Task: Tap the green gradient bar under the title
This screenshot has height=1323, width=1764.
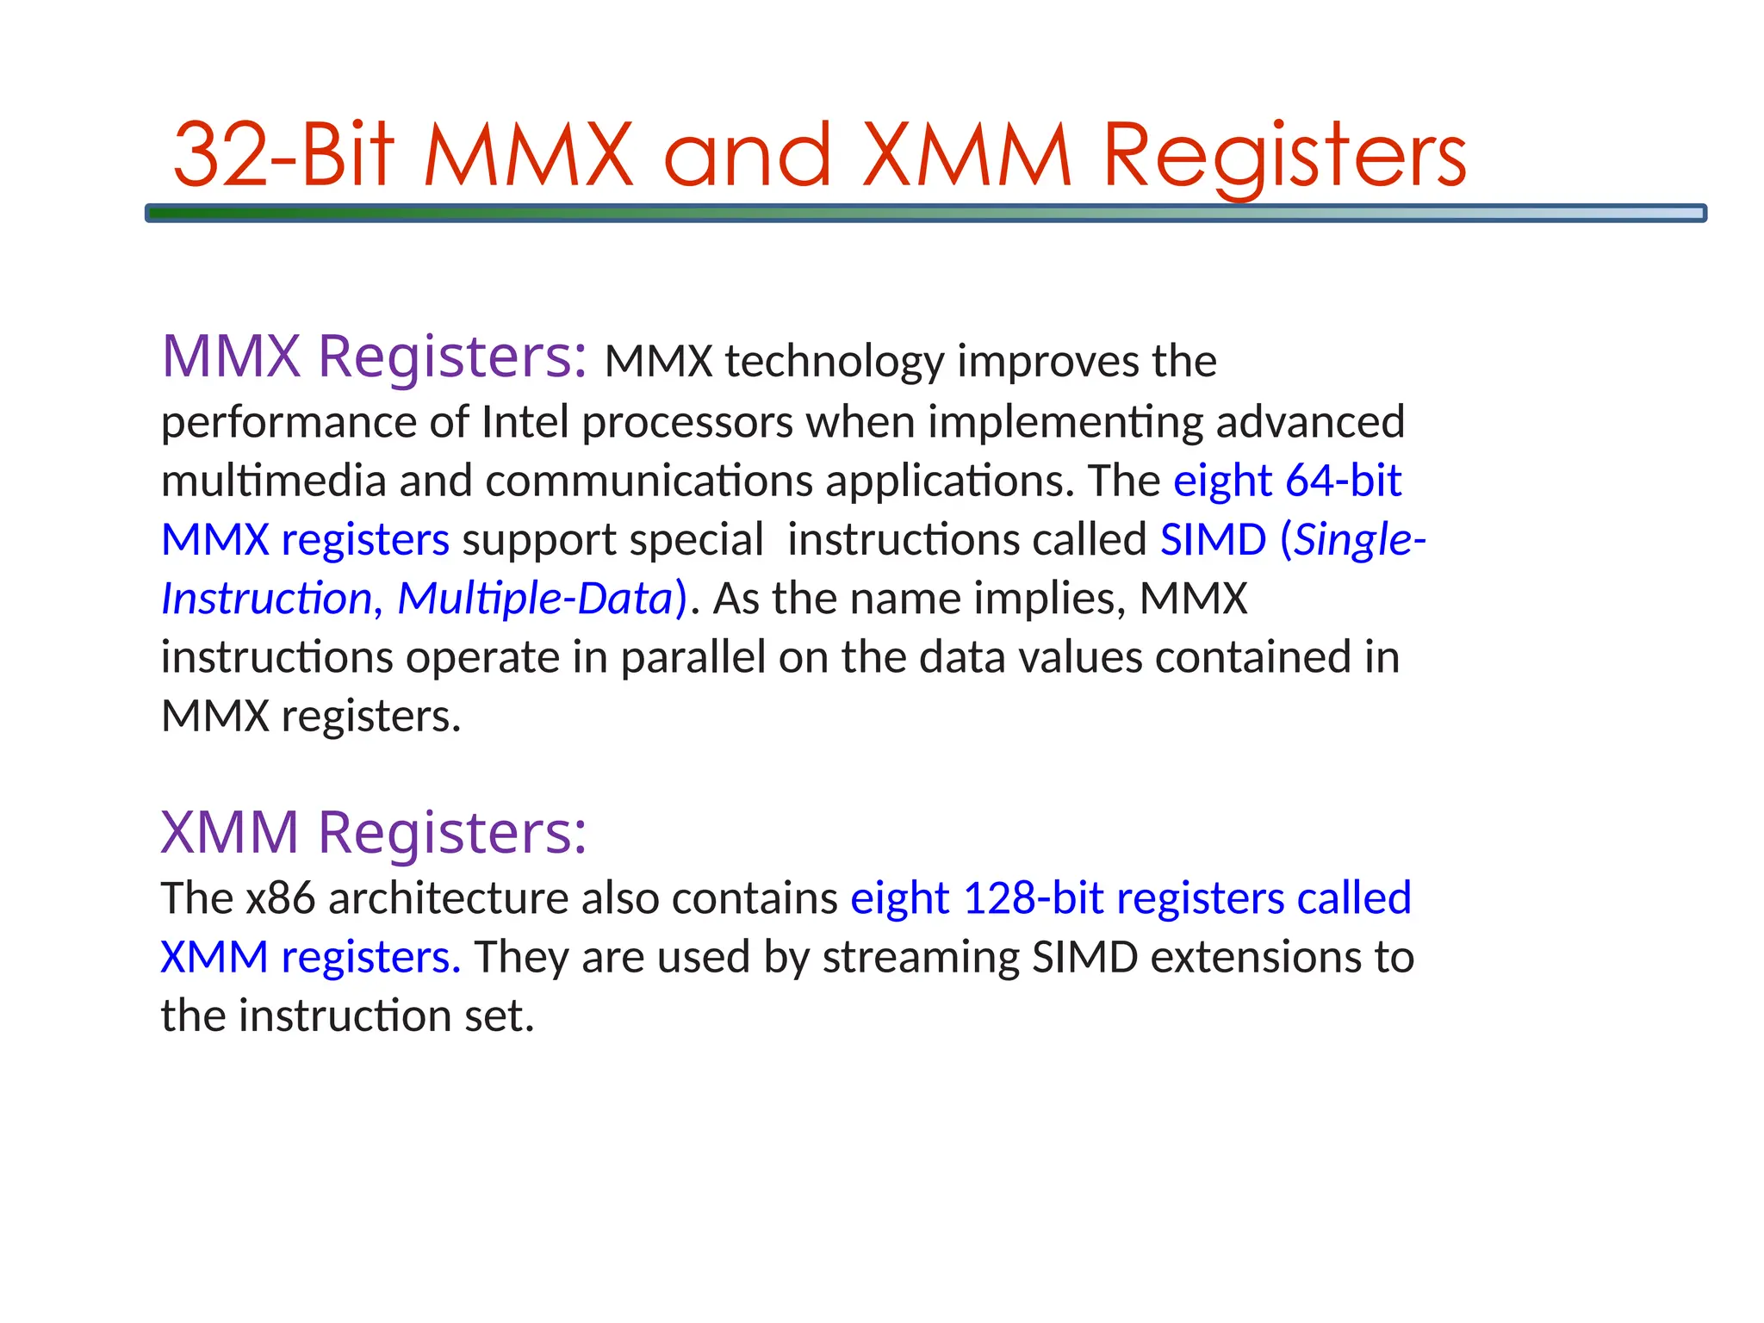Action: tap(925, 213)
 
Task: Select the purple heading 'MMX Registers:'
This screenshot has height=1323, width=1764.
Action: tap(374, 357)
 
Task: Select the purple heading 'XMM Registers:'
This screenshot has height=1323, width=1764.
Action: tap(374, 833)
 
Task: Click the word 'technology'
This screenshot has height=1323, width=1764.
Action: tap(834, 362)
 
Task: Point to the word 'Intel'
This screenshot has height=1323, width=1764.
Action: tap(525, 422)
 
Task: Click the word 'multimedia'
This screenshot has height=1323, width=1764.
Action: tap(273, 481)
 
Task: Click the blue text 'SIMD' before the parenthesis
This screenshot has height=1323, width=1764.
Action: tap(1213, 540)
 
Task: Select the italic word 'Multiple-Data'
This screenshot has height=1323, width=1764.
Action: tap(534, 599)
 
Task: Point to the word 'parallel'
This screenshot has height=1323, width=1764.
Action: tap(693, 658)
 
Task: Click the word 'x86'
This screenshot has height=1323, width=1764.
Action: tap(281, 898)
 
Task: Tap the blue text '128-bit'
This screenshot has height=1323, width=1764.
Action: tap(1033, 898)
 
